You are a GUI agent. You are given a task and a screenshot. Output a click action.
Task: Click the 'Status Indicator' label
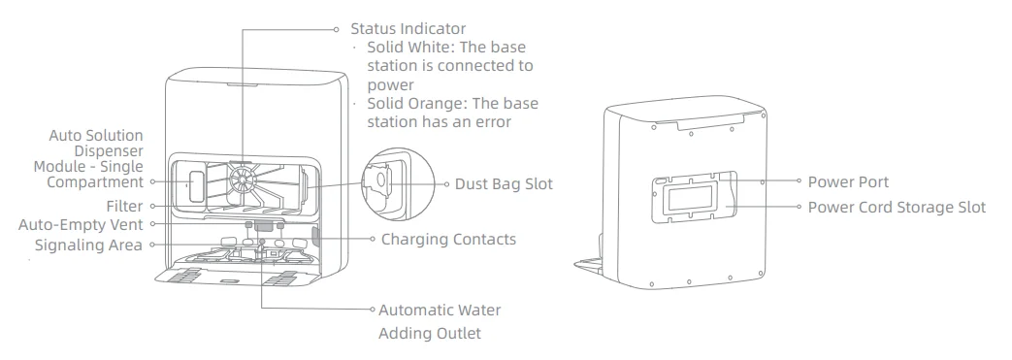click(x=408, y=29)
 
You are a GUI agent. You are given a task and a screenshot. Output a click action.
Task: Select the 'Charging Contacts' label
click(x=448, y=239)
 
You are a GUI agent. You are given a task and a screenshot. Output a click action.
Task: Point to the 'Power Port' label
click(x=848, y=181)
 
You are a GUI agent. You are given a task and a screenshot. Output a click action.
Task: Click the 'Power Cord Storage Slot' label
click(x=897, y=207)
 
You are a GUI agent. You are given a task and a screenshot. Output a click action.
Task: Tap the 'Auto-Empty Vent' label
click(x=81, y=225)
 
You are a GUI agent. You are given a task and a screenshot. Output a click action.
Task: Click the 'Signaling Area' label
click(x=88, y=245)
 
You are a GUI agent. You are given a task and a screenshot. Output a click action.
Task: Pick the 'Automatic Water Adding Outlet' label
click(x=440, y=321)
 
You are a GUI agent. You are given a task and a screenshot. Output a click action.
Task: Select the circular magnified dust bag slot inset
click(x=385, y=184)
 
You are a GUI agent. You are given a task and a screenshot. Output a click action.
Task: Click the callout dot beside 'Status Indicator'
click(x=338, y=29)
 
